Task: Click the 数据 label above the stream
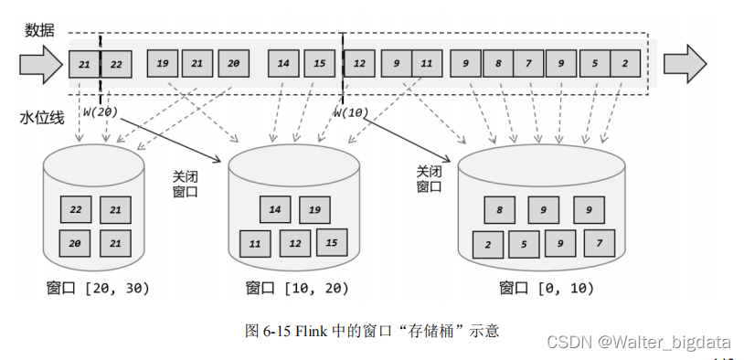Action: (39, 30)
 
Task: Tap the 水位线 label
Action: (39, 119)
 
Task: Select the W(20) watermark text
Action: (99, 111)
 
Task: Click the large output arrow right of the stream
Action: (685, 64)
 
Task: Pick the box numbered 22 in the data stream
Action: (117, 65)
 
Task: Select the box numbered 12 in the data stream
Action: (360, 64)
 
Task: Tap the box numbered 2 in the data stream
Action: (625, 64)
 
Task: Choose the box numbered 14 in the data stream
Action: (283, 64)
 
